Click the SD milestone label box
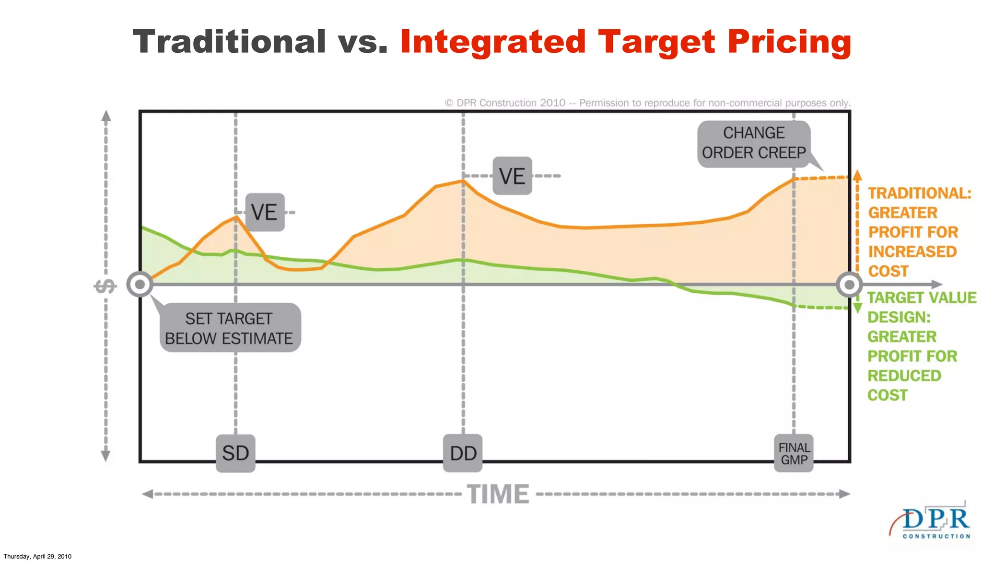coord(235,453)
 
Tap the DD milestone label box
coord(463,453)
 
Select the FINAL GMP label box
coord(794,453)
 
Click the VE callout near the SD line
coord(265,212)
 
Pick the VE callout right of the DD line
coord(512,176)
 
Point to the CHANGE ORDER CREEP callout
coord(754,143)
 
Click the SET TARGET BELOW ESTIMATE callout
coord(229,328)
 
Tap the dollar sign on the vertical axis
coord(105,286)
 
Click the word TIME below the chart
coord(498,494)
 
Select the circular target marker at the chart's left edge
coord(140,285)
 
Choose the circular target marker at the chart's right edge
coord(849,285)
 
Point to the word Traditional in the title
coord(229,42)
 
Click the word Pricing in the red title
coord(789,43)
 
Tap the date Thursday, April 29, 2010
coord(37,556)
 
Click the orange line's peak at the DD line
coord(463,181)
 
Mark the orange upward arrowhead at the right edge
coord(857,174)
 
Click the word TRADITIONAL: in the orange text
coord(920,193)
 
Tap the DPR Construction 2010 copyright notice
coord(647,103)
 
